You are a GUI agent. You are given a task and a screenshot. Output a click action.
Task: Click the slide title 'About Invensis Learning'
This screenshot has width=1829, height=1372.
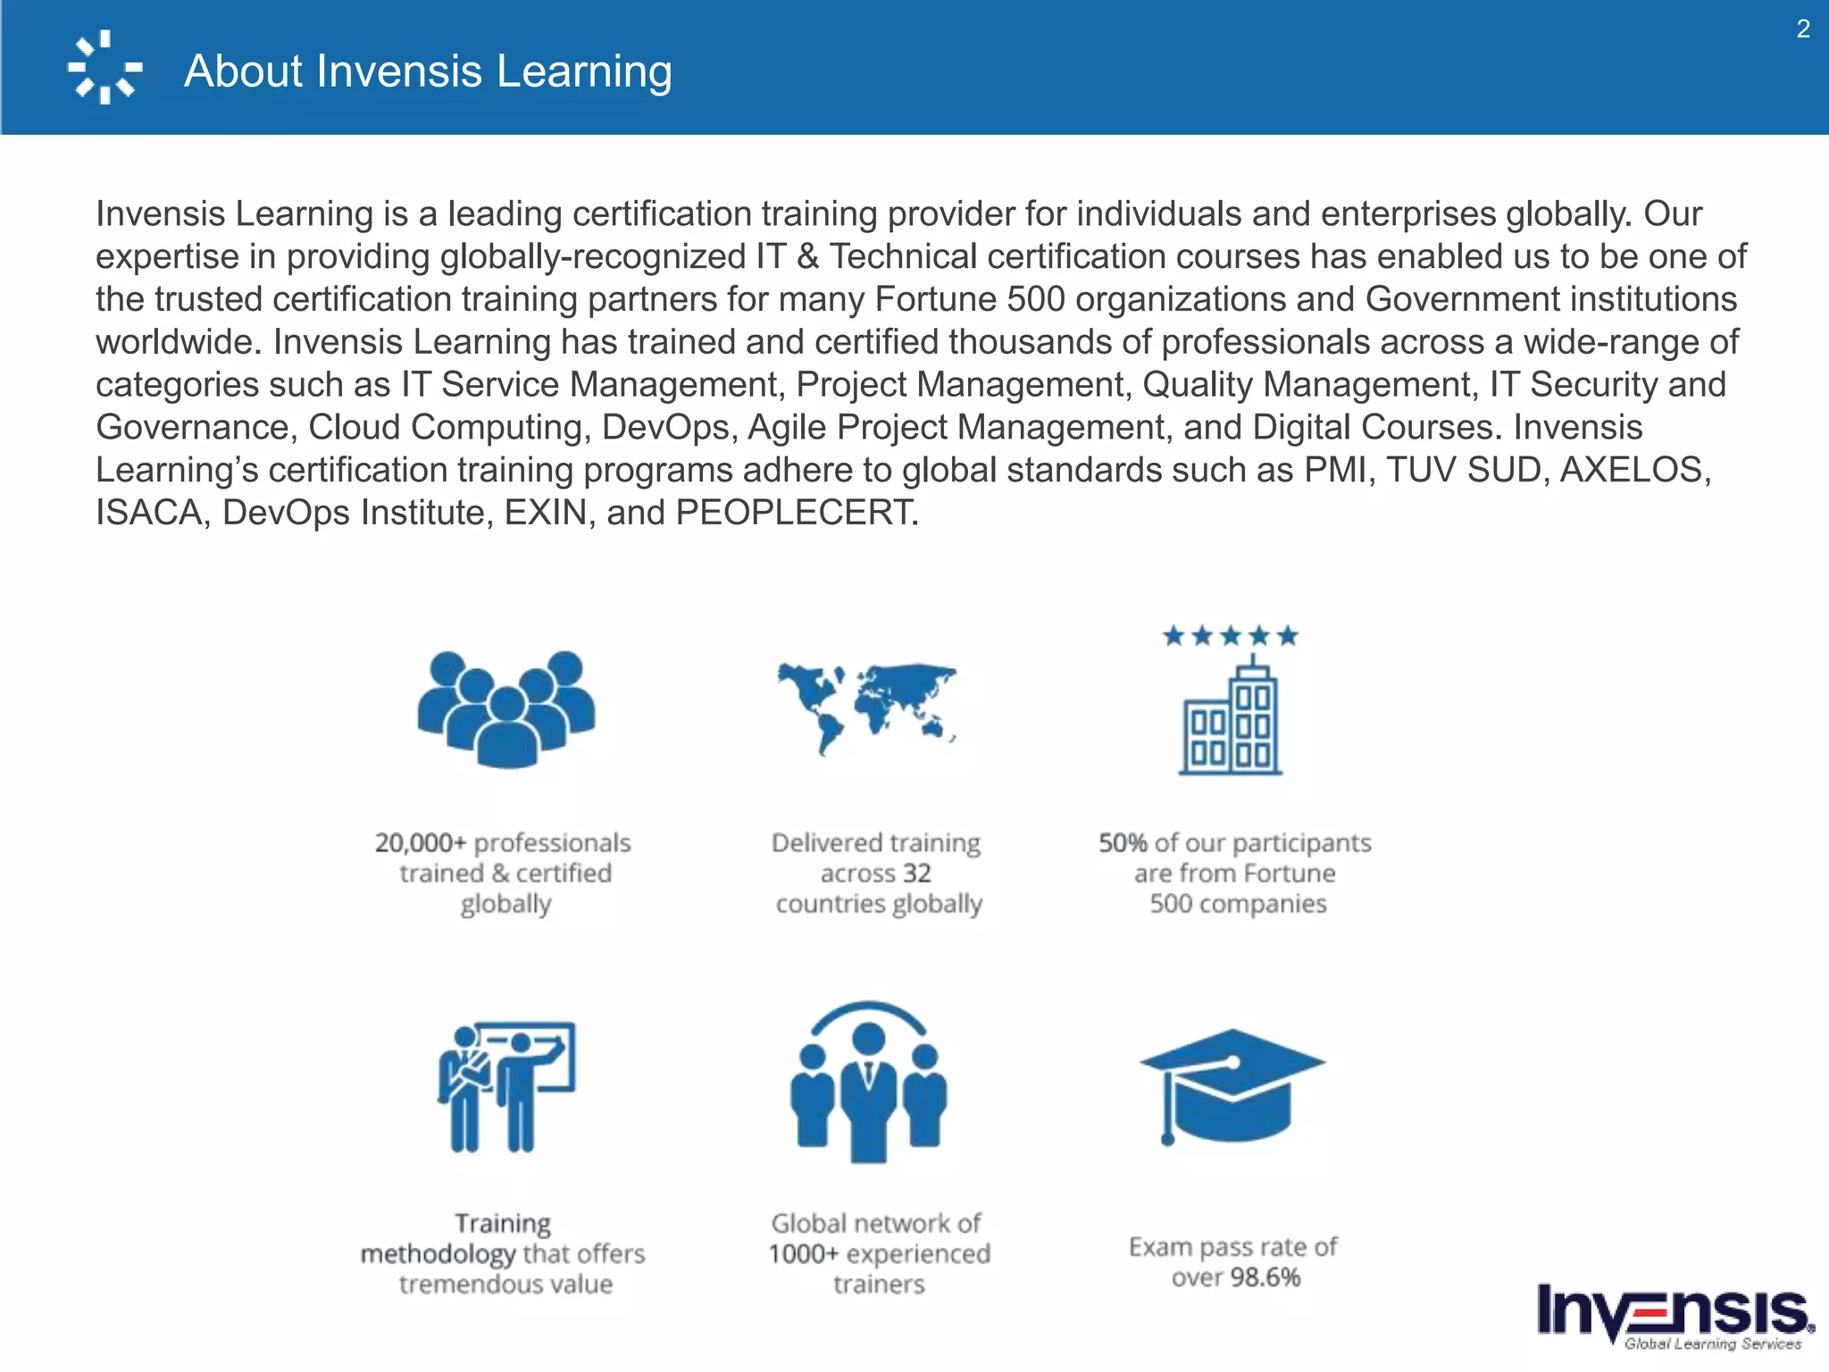pyautogui.click(x=428, y=71)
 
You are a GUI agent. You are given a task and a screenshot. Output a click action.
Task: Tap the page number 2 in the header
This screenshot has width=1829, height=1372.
pyautogui.click(x=1803, y=29)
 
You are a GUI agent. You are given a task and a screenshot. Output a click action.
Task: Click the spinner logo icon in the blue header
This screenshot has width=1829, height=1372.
pyautogui.click(x=105, y=68)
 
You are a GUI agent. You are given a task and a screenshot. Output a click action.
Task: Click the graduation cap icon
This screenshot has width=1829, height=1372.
pyautogui.click(x=1232, y=1085)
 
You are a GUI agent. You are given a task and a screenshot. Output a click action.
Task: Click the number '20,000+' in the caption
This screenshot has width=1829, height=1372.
pyautogui.click(x=420, y=843)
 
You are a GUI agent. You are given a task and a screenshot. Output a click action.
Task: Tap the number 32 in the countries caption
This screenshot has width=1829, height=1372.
pyautogui.click(x=916, y=874)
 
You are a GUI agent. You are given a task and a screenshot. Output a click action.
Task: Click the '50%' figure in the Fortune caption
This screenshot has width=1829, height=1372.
pyautogui.click(x=1122, y=843)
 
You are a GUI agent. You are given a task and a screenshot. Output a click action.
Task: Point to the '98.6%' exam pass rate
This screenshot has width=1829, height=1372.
pyautogui.click(x=1265, y=1277)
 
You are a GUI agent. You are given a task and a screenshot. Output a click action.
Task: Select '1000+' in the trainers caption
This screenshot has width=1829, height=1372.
pyautogui.click(x=803, y=1254)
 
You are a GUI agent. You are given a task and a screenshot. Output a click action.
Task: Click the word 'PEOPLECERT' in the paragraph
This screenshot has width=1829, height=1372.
pyautogui.click(x=795, y=513)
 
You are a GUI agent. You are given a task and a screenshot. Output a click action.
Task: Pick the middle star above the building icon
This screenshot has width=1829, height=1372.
pyautogui.click(x=1231, y=636)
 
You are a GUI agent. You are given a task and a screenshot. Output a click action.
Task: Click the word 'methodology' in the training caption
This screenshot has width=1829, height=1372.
pyautogui.click(x=438, y=1254)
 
